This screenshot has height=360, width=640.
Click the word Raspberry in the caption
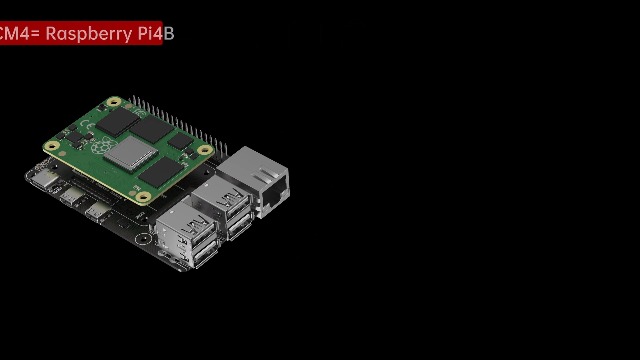coord(88,33)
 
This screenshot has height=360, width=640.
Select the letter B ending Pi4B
coord(169,33)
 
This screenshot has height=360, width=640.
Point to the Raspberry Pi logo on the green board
coord(100,146)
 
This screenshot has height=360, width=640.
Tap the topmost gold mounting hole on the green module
coord(114,103)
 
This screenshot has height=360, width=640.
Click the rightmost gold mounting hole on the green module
coord(205,150)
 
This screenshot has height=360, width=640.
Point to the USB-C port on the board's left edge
coord(43,182)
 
